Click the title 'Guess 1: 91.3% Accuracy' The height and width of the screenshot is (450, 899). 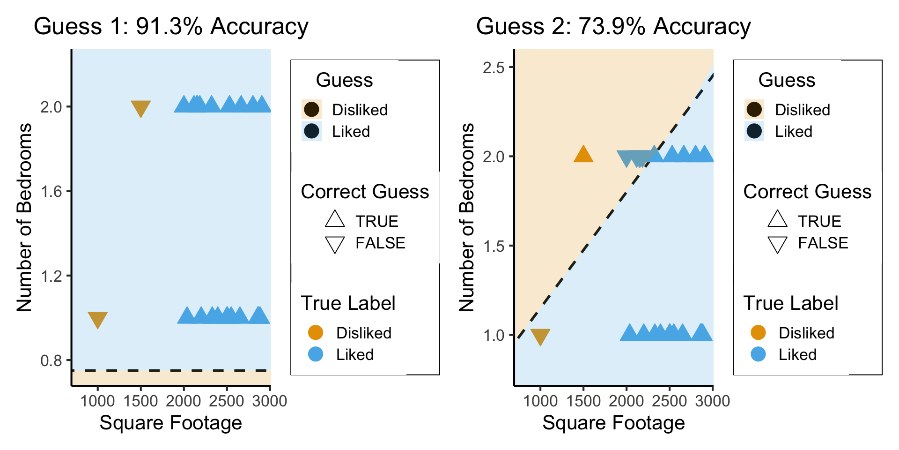[171, 26]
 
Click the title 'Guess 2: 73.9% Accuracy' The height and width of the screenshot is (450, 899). [613, 26]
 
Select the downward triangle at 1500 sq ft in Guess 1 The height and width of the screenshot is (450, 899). [140, 108]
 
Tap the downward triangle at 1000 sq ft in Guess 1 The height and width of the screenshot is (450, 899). [97, 319]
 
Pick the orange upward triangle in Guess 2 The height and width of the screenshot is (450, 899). [583, 154]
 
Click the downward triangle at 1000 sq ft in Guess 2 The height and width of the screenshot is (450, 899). [540, 336]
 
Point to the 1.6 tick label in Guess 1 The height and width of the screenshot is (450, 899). [52, 191]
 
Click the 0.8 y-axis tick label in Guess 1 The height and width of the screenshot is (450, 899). [52, 360]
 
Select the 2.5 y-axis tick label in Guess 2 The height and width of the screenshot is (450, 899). [494, 67]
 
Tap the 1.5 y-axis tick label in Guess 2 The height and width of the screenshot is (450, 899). [494, 246]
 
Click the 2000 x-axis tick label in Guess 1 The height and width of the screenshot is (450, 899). [184, 401]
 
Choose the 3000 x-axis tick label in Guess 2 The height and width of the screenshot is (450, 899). [713, 401]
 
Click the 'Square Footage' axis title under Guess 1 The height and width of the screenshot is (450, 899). [171, 423]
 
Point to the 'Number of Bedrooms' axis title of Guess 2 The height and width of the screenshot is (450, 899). [467, 217]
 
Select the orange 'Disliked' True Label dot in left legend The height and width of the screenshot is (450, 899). [316, 333]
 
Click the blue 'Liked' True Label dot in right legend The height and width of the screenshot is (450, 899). [758, 354]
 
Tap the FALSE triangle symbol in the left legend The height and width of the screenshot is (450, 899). [335, 244]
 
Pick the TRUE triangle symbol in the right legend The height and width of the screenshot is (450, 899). [777, 219]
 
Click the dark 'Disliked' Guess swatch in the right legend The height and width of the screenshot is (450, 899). [754, 110]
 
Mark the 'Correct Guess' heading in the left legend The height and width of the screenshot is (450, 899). [365, 192]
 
